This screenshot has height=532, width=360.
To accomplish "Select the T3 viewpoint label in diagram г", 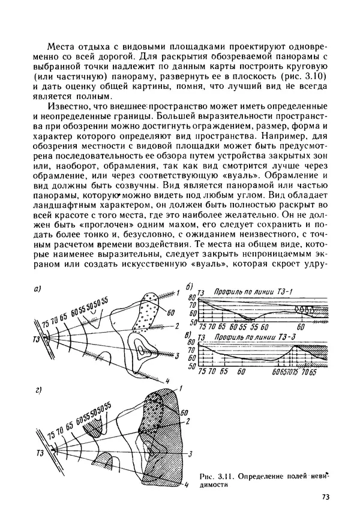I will (40, 451).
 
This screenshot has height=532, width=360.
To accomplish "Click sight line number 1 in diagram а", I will (178, 292).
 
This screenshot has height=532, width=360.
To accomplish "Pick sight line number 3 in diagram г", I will (190, 454).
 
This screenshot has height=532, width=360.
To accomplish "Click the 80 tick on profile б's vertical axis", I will (193, 298).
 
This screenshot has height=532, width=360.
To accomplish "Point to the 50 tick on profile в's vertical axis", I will (192, 365).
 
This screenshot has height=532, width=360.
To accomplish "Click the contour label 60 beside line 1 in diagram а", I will (171, 312).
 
